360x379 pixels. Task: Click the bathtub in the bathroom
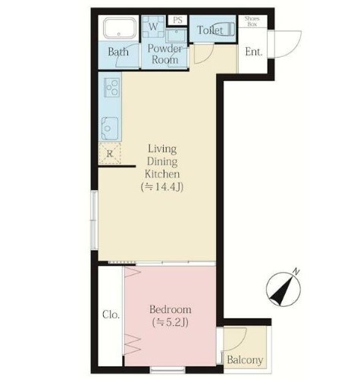(120, 28)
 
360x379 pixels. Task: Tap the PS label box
(177, 20)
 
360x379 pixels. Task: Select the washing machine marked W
(153, 27)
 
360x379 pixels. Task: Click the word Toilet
(210, 30)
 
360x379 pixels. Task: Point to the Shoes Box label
(252, 22)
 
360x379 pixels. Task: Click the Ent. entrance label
(254, 52)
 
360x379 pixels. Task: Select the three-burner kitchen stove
(112, 87)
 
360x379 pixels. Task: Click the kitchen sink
(110, 129)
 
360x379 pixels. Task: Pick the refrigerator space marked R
(110, 154)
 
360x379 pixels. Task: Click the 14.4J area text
(162, 187)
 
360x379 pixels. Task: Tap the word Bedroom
(171, 309)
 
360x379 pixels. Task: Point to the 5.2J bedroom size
(171, 322)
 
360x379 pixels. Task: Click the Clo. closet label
(111, 315)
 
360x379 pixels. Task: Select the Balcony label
(245, 360)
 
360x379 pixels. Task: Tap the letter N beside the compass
(296, 271)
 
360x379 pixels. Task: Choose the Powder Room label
(164, 54)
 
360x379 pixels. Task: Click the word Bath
(118, 52)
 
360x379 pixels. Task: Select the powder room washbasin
(176, 36)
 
